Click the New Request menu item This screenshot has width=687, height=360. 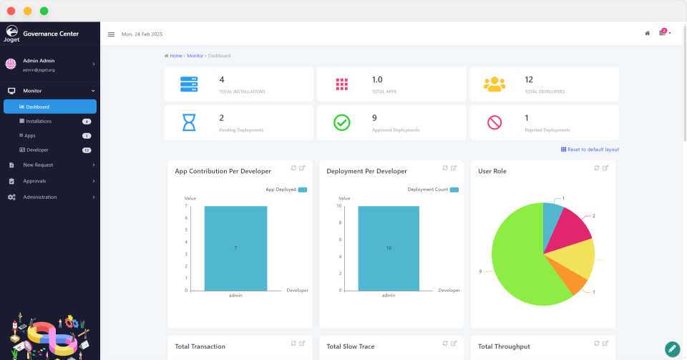pyautogui.click(x=38, y=165)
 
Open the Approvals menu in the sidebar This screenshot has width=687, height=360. pyautogui.click(x=34, y=181)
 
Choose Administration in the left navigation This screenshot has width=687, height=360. pyautogui.click(x=39, y=197)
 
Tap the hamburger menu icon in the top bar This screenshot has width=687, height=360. pyautogui.click(x=111, y=34)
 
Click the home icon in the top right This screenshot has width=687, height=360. pyautogui.click(x=647, y=33)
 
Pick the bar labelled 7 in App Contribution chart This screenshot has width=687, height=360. pyautogui.click(x=235, y=248)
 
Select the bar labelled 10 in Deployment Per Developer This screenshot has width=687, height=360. pyautogui.click(x=389, y=248)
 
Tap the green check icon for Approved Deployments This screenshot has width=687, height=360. pyautogui.click(x=342, y=122)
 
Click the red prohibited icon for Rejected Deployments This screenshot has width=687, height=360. pyautogui.click(x=494, y=122)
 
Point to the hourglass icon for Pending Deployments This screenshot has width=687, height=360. pyautogui.click(x=189, y=122)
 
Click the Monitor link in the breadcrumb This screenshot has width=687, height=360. pyautogui.click(x=195, y=56)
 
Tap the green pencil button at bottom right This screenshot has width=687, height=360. pyautogui.click(x=672, y=349)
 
